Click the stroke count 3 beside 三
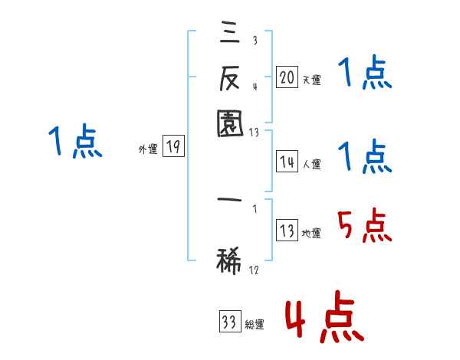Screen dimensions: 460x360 [x=254, y=41]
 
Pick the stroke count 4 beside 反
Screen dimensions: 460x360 [x=254, y=86]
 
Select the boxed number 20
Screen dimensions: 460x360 [x=287, y=77]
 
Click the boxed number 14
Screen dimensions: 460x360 [x=287, y=162]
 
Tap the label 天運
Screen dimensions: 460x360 [x=311, y=80]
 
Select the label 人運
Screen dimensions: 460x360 [x=311, y=164]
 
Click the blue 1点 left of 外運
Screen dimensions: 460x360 [x=75, y=142]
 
